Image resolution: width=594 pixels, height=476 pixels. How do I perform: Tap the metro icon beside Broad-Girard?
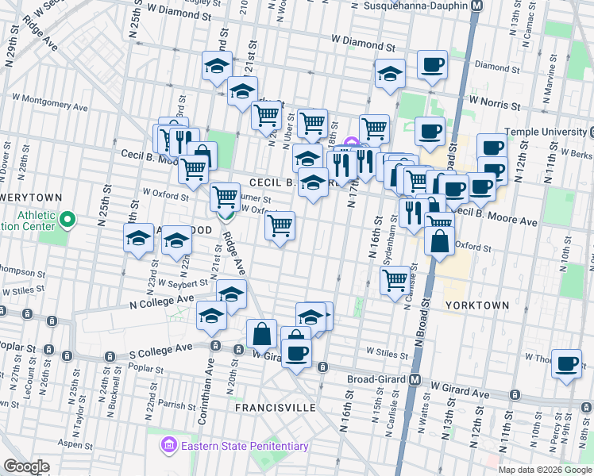click(415, 379)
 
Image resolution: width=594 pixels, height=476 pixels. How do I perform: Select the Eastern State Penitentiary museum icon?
click(169, 445)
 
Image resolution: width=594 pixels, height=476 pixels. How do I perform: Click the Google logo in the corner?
click(27, 466)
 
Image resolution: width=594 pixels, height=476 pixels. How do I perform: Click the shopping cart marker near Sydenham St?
click(395, 279)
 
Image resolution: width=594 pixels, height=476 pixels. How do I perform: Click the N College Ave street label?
click(162, 301)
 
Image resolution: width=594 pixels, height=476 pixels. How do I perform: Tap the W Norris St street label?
click(493, 102)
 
